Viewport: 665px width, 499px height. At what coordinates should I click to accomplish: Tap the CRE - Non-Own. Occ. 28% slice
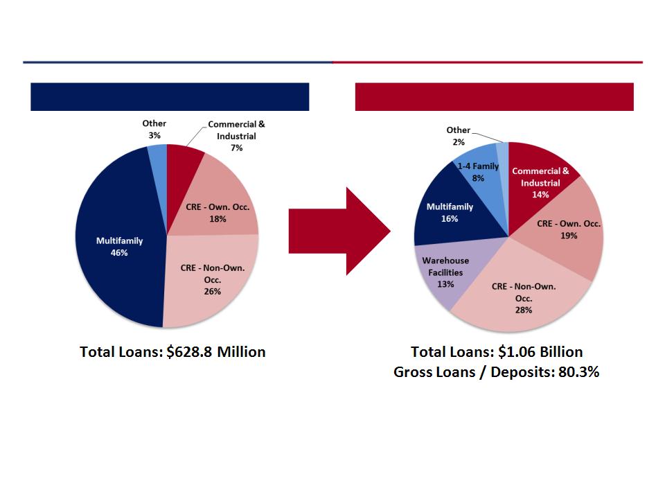coord(522,297)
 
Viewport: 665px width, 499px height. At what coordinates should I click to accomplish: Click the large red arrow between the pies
coord(339,231)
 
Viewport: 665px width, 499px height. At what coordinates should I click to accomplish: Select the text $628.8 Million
coord(216,352)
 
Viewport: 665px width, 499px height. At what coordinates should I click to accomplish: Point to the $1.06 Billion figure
coord(540,352)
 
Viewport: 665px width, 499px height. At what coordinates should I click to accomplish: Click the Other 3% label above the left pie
coord(154,129)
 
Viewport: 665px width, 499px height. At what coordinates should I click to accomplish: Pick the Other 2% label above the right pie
coord(459,136)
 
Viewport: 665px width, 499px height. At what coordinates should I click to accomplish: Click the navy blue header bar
coord(170,97)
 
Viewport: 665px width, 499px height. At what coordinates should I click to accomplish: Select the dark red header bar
coord(495,97)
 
